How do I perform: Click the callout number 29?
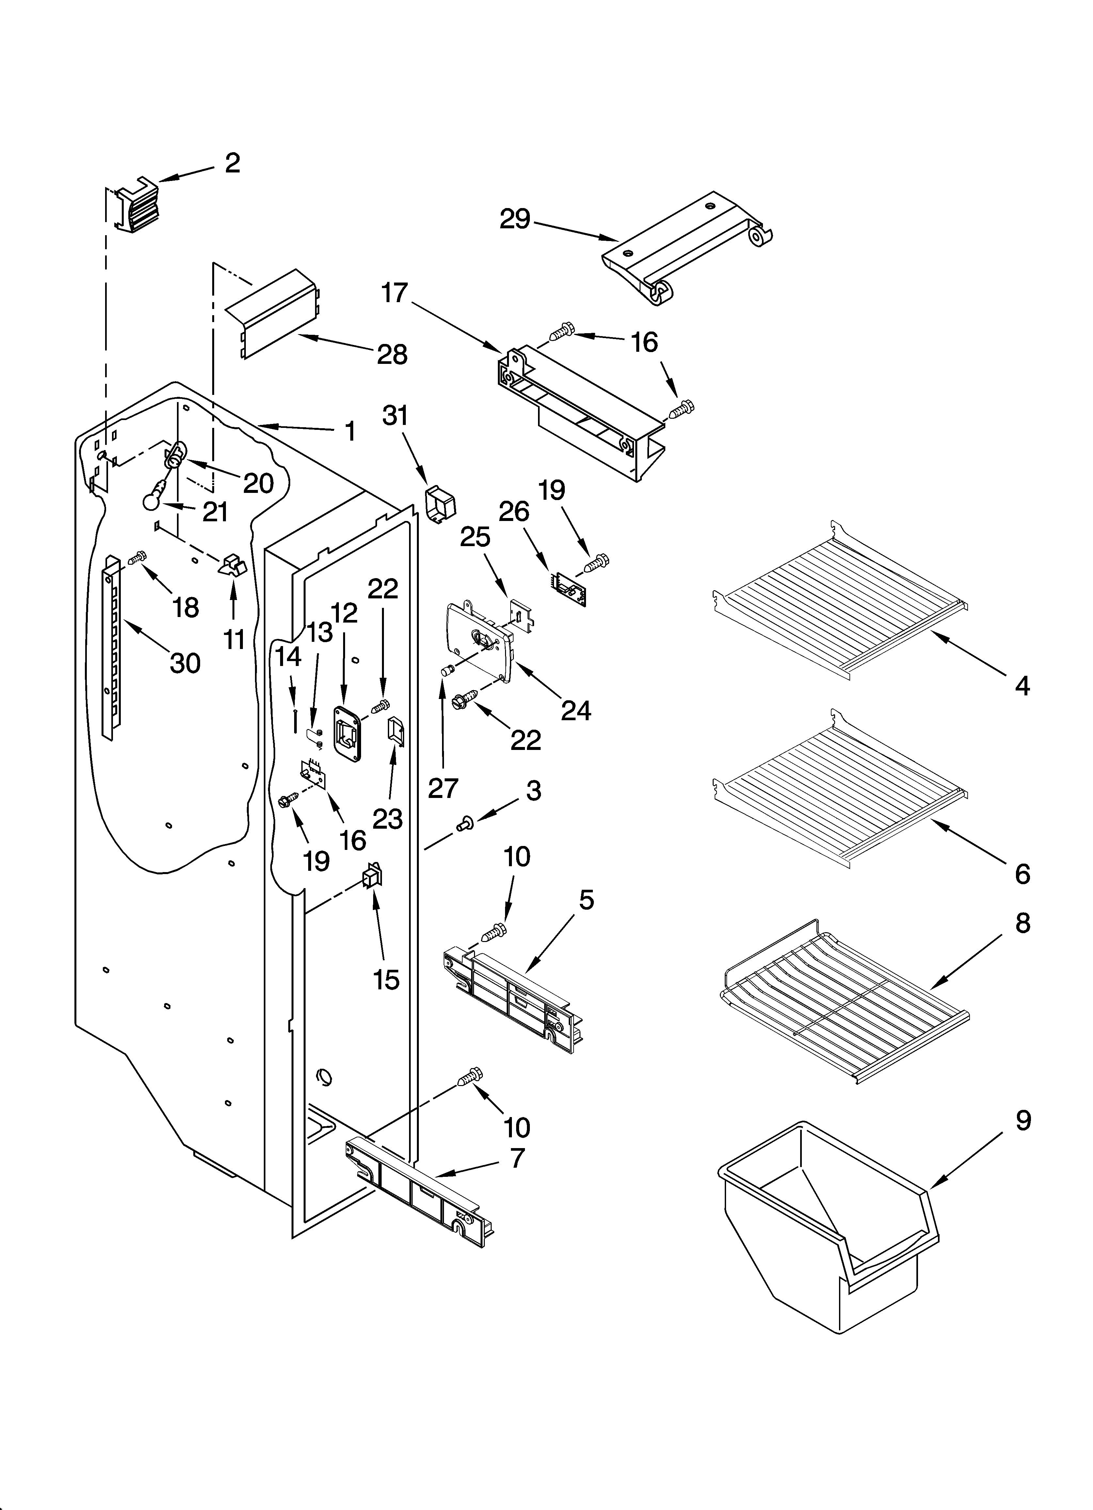(x=515, y=219)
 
